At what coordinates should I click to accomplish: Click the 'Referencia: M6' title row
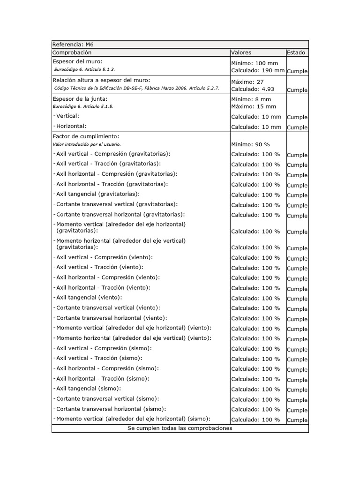pyautogui.click(x=73, y=45)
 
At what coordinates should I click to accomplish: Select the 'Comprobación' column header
pyautogui.click(x=72, y=52)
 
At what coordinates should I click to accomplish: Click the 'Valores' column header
pyautogui.click(x=241, y=52)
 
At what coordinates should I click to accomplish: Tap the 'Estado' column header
pyautogui.click(x=296, y=52)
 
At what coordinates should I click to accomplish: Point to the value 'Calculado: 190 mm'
pyautogui.click(x=258, y=70)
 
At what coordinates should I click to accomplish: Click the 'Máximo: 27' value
pyautogui.click(x=247, y=82)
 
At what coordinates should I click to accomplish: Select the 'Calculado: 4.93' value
pyautogui.click(x=253, y=89)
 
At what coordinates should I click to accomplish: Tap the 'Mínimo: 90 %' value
pyautogui.click(x=250, y=144)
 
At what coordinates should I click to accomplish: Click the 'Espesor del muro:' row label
pyautogui.click(x=78, y=61)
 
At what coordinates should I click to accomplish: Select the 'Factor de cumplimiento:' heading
pyautogui.click(x=86, y=136)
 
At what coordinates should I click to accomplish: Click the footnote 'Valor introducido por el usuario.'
pyautogui.click(x=87, y=144)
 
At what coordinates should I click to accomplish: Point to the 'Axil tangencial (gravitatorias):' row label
pyautogui.click(x=97, y=194)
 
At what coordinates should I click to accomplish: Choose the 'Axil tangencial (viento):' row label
pyautogui.click(x=89, y=297)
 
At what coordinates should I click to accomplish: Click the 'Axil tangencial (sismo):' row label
pyautogui.click(x=88, y=388)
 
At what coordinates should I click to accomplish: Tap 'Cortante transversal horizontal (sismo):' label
pyautogui.click(x=111, y=409)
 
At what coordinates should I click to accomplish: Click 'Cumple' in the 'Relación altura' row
pyautogui.click(x=297, y=90)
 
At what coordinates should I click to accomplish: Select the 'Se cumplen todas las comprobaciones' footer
pyautogui.click(x=180, y=428)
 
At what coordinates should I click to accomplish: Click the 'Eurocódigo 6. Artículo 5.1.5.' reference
pyautogui.click(x=83, y=106)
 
